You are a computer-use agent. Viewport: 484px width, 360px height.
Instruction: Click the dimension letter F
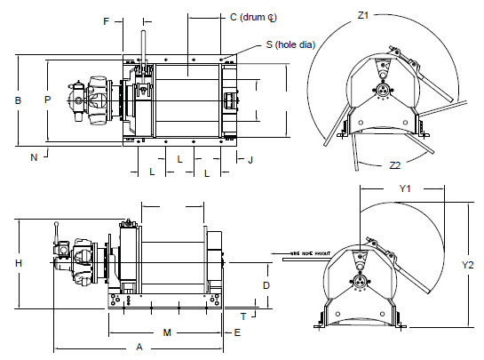pos(107,20)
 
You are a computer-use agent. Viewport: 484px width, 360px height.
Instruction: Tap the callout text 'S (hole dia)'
pos(290,44)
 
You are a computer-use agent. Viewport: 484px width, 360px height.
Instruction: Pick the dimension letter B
pos(17,100)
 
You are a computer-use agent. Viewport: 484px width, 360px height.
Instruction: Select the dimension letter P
pos(47,100)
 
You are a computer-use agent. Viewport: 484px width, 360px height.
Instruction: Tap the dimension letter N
pos(33,157)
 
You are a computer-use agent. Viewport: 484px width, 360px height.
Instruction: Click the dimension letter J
pos(250,160)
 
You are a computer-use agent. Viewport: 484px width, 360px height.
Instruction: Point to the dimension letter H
pos(17,264)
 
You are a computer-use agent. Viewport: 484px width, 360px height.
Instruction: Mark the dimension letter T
pos(242,316)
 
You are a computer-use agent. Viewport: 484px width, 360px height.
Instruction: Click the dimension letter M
pos(166,332)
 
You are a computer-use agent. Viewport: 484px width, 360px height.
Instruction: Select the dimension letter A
pos(139,348)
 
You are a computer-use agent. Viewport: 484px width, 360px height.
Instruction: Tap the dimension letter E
pos(237,332)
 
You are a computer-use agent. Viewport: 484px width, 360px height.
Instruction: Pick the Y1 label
pos(404,188)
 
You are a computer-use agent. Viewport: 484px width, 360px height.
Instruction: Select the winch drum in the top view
pos(187,100)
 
